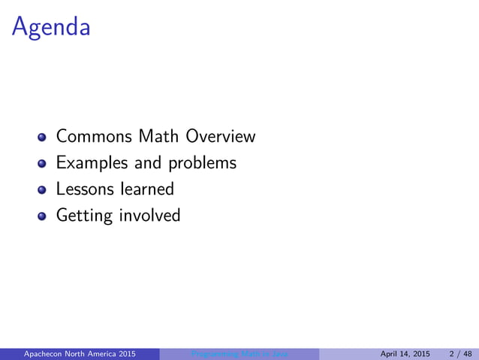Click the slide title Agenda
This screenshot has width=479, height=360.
pyautogui.click(x=51, y=29)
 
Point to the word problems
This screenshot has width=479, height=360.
pyautogui.click(x=202, y=163)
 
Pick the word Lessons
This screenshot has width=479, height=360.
pyautogui.click(x=81, y=189)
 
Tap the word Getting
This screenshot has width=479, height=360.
pyautogui.click(x=84, y=216)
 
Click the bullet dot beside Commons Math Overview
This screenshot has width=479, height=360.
pyautogui.click(x=43, y=138)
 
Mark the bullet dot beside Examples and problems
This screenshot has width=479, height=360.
pyautogui.click(x=43, y=164)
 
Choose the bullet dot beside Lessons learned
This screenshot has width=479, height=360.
pyautogui.click(x=43, y=189)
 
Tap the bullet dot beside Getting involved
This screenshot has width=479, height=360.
pyautogui.click(x=43, y=216)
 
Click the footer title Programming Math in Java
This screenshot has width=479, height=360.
pyautogui.click(x=239, y=354)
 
